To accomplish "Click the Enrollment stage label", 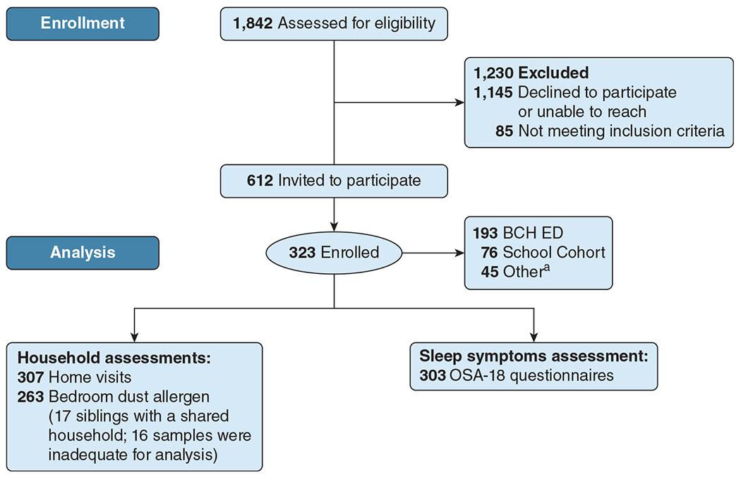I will [x=83, y=23].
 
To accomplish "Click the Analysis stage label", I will [x=83, y=252].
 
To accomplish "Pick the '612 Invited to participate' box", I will [x=334, y=180].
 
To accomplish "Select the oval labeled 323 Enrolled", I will [x=334, y=252].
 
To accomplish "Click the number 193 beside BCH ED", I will [x=483, y=232].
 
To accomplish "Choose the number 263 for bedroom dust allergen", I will [x=30, y=397].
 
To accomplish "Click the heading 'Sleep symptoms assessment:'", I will [x=533, y=356].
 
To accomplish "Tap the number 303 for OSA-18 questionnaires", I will [x=432, y=375].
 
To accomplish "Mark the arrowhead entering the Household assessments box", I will [x=134, y=337].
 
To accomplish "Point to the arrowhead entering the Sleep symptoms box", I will [x=534, y=337].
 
